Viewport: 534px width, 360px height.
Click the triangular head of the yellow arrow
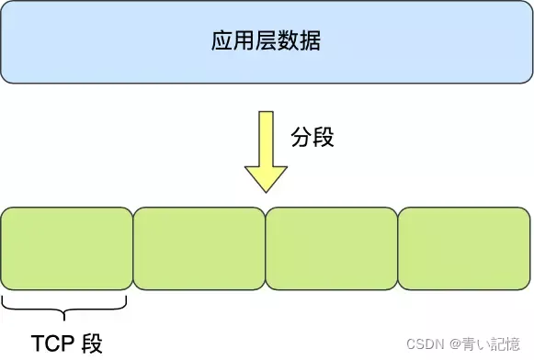point(266,177)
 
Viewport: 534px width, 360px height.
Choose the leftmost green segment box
point(67,249)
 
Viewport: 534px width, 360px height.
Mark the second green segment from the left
point(199,249)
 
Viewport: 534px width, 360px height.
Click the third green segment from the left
point(332,249)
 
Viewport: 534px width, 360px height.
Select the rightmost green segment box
point(464,249)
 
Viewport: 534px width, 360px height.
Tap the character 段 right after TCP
point(93,343)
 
